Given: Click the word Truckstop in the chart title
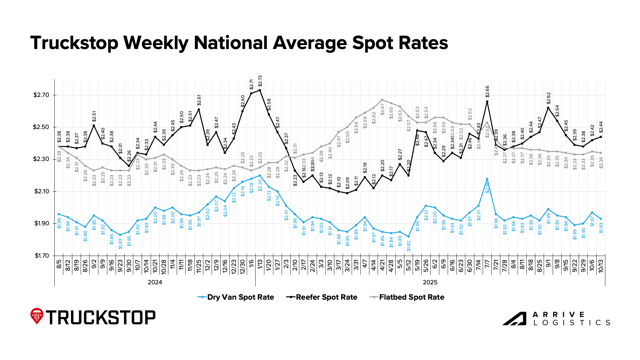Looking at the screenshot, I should [74, 43].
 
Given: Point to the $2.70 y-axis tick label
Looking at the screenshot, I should [41, 95].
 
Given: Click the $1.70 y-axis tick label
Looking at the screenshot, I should [41, 256].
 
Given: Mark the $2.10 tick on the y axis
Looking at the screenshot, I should [41, 192].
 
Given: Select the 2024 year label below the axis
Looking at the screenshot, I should [155, 282].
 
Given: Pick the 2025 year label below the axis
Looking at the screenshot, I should [430, 282].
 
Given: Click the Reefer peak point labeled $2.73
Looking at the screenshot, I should [260, 90].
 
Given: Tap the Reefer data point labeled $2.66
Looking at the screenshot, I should [487, 101].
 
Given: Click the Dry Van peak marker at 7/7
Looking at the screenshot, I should [487, 179].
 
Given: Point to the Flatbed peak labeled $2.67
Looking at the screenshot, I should [382, 100].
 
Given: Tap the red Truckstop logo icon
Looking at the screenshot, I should [37, 316].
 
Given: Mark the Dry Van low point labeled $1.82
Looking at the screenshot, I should [408, 237].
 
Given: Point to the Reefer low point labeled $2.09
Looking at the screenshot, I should [347, 193].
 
